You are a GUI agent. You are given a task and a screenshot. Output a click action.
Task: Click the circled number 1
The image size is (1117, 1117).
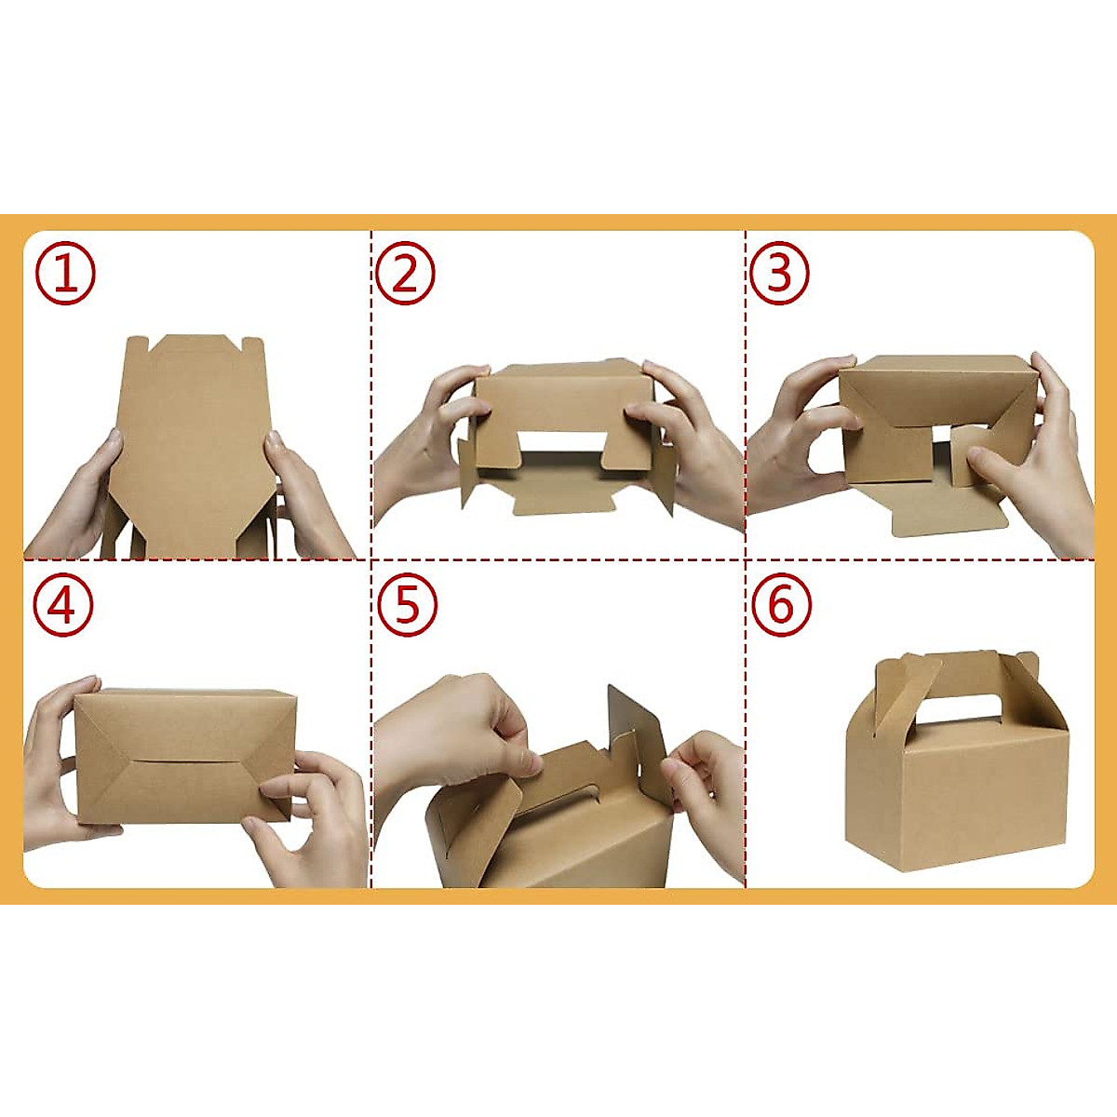click(x=65, y=275)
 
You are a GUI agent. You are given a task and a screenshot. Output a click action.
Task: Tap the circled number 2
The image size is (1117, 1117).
click(x=405, y=275)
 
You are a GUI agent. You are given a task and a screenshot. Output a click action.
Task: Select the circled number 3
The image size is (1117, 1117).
click(x=779, y=275)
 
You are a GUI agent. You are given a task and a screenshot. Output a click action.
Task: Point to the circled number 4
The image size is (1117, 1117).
click(x=63, y=606)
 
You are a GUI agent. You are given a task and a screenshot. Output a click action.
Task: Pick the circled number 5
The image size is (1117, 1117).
click(x=407, y=606)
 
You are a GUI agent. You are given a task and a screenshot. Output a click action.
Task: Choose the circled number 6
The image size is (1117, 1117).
click(x=781, y=606)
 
